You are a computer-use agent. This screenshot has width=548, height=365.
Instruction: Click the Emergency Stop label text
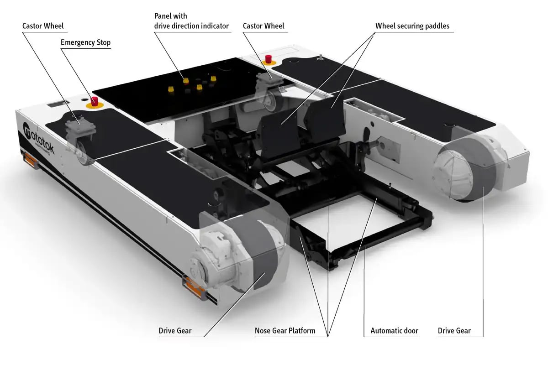(85, 42)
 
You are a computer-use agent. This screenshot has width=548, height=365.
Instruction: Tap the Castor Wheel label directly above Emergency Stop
(43, 26)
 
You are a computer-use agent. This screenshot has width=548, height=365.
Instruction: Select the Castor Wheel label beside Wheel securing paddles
(263, 26)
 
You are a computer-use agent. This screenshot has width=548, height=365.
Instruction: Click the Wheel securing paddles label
(412, 26)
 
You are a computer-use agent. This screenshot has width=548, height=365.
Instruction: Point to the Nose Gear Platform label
(285, 330)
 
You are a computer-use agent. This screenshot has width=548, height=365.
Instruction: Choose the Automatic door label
(394, 330)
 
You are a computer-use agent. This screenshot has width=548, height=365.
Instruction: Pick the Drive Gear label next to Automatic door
(454, 330)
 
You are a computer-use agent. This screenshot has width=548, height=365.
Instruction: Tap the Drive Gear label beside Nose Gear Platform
(175, 330)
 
